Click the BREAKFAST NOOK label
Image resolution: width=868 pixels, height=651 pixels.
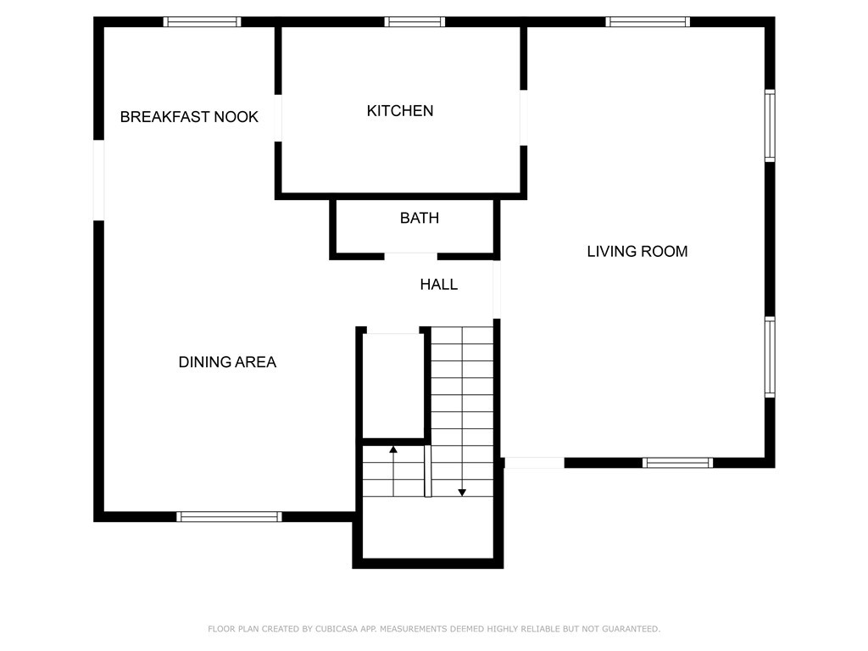[x=189, y=117]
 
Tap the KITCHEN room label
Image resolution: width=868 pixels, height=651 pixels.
[x=400, y=111]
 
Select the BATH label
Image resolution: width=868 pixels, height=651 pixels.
[x=419, y=218]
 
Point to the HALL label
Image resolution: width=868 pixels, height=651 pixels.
[x=438, y=285]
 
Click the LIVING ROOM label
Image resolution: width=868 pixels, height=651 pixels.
[x=637, y=251]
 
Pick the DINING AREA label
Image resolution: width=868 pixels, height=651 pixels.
[x=227, y=362]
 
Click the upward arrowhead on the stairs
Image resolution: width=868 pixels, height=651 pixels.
[x=393, y=449]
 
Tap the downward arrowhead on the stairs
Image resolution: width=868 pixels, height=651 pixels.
[x=462, y=492]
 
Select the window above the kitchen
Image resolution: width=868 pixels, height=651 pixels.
[x=415, y=22]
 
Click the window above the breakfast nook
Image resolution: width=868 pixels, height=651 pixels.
[x=202, y=22]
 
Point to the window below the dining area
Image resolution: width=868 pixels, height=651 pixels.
[x=229, y=516]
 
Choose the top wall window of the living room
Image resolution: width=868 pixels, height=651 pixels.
[x=648, y=22]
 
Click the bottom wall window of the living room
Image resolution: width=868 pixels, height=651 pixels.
[x=677, y=463]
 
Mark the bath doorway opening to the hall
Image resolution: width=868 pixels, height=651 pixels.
[x=411, y=256]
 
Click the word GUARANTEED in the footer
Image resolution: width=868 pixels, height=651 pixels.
[x=631, y=629]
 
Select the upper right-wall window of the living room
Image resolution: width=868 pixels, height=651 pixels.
[x=770, y=125]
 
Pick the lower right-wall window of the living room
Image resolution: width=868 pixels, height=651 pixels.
[x=770, y=357]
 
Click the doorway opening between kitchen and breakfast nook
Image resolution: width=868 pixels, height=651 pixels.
[x=278, y=118]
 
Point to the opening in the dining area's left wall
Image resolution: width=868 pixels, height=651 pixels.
[x=98, y=181]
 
